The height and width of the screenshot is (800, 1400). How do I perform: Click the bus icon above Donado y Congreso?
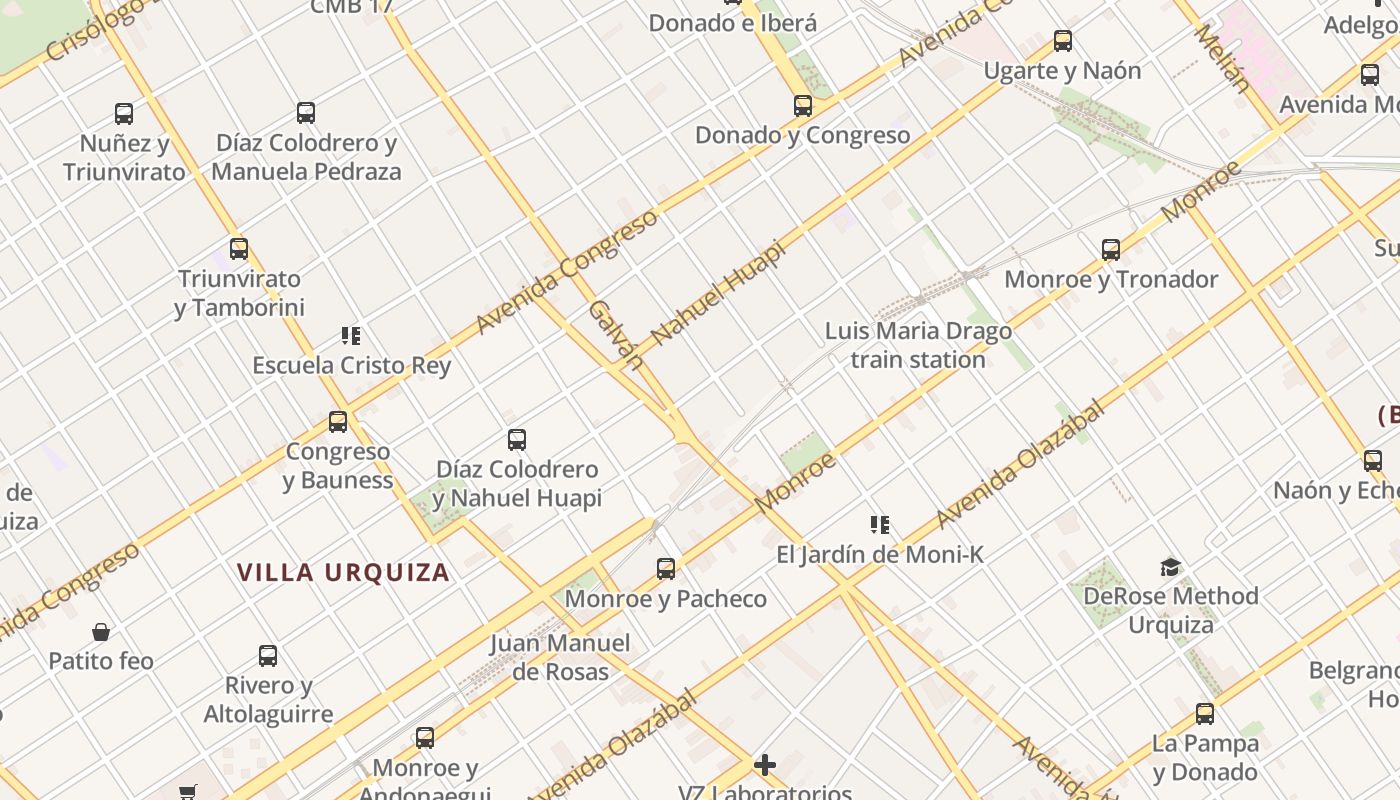coord(802,106)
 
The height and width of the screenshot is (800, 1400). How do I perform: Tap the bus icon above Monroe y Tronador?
coord(1110,250)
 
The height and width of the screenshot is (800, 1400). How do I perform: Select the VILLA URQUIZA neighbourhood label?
coord(343,573)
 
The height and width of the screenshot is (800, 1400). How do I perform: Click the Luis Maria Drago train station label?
coord(918,345)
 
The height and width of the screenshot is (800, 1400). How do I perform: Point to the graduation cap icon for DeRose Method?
coord(1170,568)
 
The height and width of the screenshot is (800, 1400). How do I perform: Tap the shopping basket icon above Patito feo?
coord(101,632)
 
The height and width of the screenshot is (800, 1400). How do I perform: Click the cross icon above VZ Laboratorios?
coord(765,766)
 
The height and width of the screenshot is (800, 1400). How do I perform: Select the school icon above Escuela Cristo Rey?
coord(350,336)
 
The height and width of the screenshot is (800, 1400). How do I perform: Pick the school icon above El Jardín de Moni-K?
coord(880,525)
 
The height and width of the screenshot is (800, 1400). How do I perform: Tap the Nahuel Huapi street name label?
coord(718,292)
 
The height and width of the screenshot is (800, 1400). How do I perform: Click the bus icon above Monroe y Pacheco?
coord(666,570)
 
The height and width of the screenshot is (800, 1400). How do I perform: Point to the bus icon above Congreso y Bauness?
coord(338,422)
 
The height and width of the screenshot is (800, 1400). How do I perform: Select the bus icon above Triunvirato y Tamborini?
coord(238,249)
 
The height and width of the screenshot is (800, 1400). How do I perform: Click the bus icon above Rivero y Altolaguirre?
coord(268,656)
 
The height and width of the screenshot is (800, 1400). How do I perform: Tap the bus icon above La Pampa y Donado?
coord(1205,714)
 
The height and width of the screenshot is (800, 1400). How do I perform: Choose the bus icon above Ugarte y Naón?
coord(1063,42)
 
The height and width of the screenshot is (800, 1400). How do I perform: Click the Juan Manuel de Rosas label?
coord(560,657)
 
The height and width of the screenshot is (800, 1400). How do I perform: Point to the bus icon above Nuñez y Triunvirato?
coord(124,114)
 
